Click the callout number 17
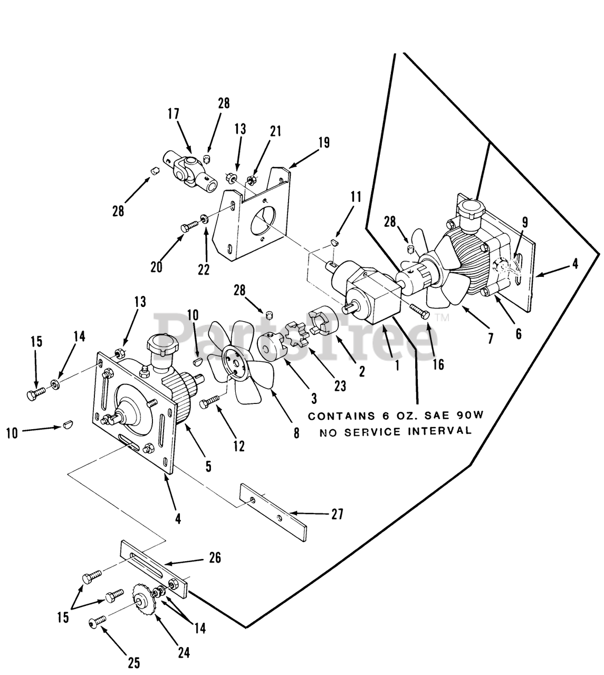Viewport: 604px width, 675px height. (174, 114)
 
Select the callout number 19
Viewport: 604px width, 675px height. (323, 142)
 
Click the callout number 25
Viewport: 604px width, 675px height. (133, 662)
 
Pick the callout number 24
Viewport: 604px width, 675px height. (183, 652)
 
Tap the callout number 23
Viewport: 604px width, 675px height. (340, 385)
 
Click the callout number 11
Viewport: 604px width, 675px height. (356, 197)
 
